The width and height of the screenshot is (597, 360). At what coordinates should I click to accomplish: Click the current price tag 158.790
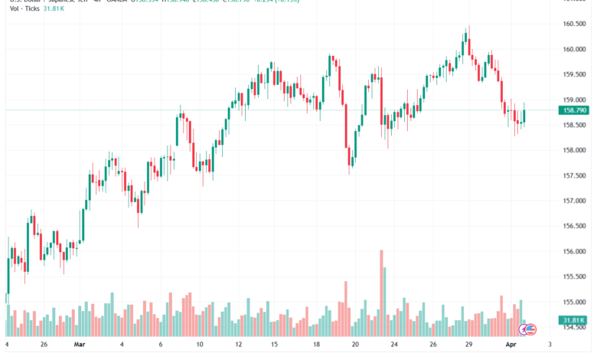tap(574, 110)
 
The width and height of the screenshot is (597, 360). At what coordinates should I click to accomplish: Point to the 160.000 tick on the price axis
tap(573, 49)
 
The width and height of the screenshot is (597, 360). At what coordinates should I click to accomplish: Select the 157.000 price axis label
tap(573, 201)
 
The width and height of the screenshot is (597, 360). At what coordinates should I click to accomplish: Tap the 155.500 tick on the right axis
tap(573, 277)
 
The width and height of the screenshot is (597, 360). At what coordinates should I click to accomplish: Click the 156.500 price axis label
tap(573, 226)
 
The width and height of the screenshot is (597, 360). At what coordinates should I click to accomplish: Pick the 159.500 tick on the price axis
tap(573, 74)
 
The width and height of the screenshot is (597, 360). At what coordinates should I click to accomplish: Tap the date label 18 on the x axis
tap(316, 345)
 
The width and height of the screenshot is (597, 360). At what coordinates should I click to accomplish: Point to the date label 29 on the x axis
tap(468, 345)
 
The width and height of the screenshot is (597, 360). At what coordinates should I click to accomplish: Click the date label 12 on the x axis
tap(238, 345)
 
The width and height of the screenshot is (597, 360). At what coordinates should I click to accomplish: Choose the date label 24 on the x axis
tap(393, 345)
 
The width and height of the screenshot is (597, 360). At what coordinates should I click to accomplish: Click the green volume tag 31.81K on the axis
tap(573, 320)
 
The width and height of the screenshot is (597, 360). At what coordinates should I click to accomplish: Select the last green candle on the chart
tap(524, 116)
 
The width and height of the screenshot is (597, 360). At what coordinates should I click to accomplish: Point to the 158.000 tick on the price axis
tap(573, 150)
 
